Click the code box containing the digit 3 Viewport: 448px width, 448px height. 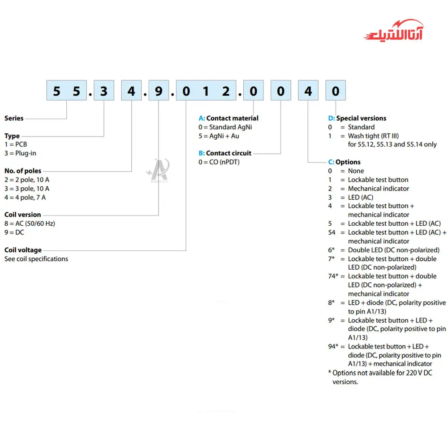pyautogui.click(x=104, y=91)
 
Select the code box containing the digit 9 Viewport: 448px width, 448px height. pyautogui.click(x=159, y=91)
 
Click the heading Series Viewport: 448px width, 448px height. pyautogui.click(x=14, y=118)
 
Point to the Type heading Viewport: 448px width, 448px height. pyautogui.click(x=12, y=136)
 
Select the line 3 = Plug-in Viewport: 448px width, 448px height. pyautogui.click(x=20, y=153)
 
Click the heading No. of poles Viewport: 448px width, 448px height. pyautogui.click(x=23, y=171)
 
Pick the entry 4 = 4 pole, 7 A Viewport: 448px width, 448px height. pyautogui.click(x=25, y=197)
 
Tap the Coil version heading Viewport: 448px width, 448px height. pyautogui.click(x=23, y=215)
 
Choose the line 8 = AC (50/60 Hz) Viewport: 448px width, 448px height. pyautogui.click(x=30, y=224)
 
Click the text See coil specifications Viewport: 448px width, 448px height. pyautogui.click(x=36, y=258)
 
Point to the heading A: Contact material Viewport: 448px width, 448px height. pyautogui.click(x=228, y=118)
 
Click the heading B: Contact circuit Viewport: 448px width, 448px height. pyautogui.click(x=225, y=153)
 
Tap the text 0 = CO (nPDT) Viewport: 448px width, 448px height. pyautogui.click(x=219, y=162)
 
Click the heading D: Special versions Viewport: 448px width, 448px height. pyautogui.click(x=357, y=118)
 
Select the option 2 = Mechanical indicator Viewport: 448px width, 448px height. pyautogui.click(x=378, y=189)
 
